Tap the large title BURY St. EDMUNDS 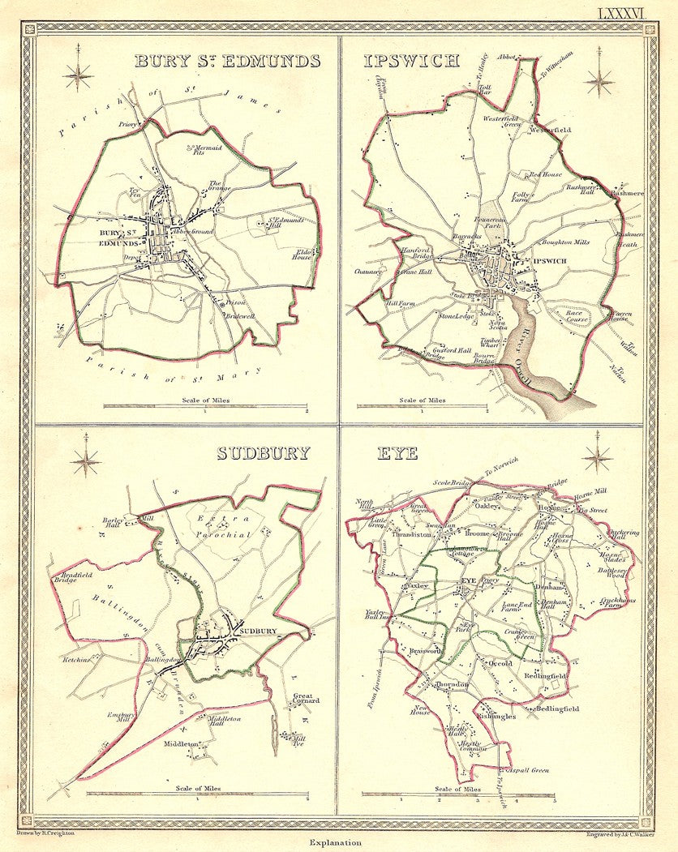227,61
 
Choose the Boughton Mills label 565,242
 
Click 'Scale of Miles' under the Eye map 457,788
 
